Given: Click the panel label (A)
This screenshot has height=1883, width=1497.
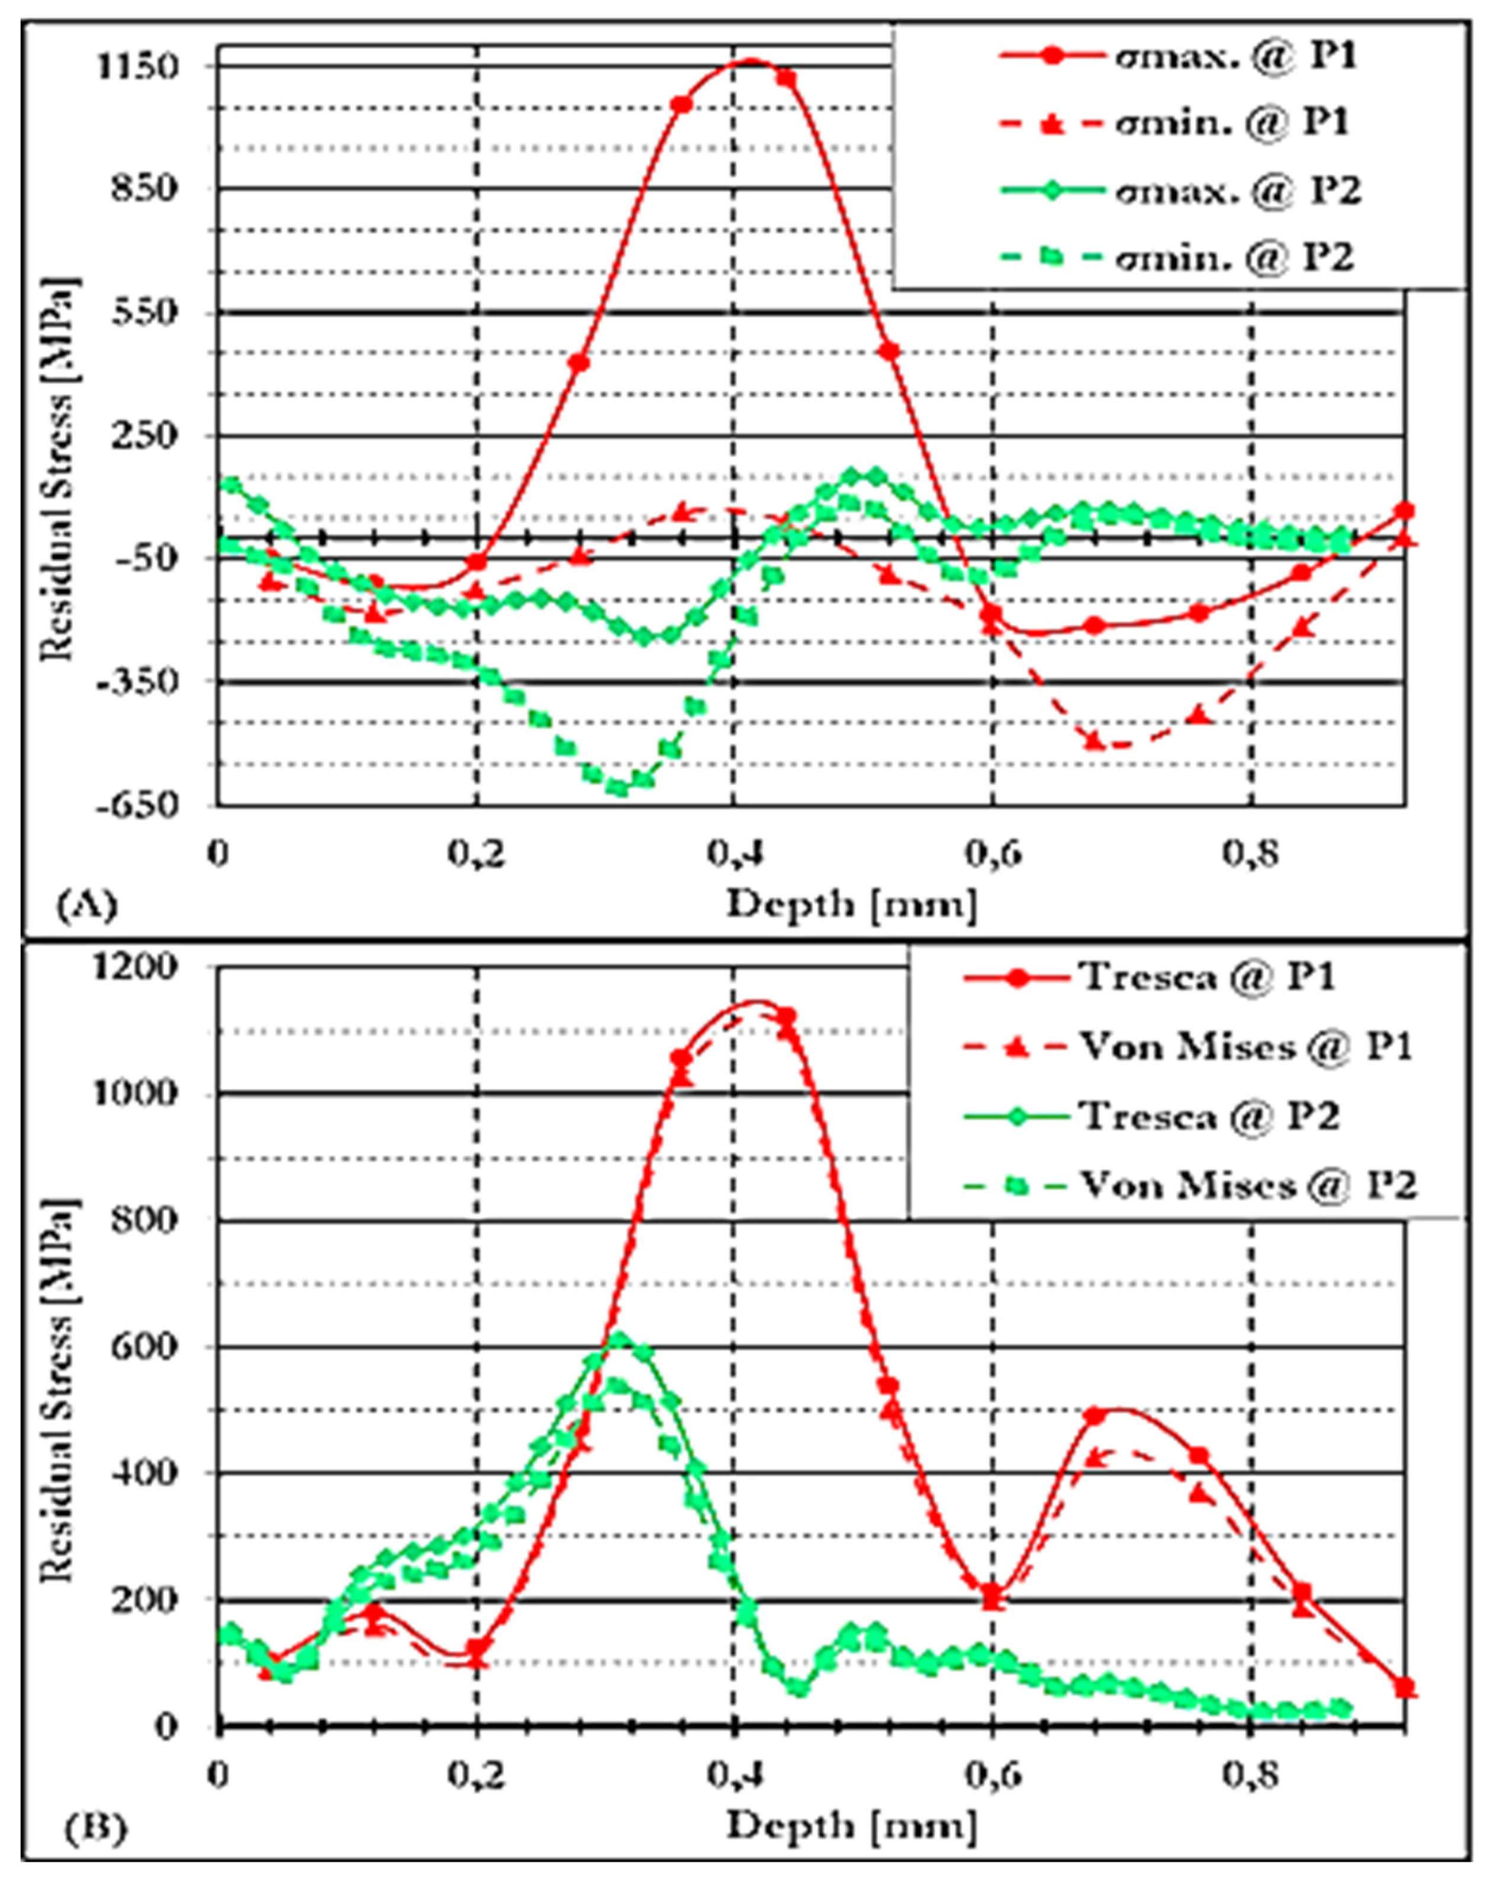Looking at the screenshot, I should (x=86, y=905).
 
